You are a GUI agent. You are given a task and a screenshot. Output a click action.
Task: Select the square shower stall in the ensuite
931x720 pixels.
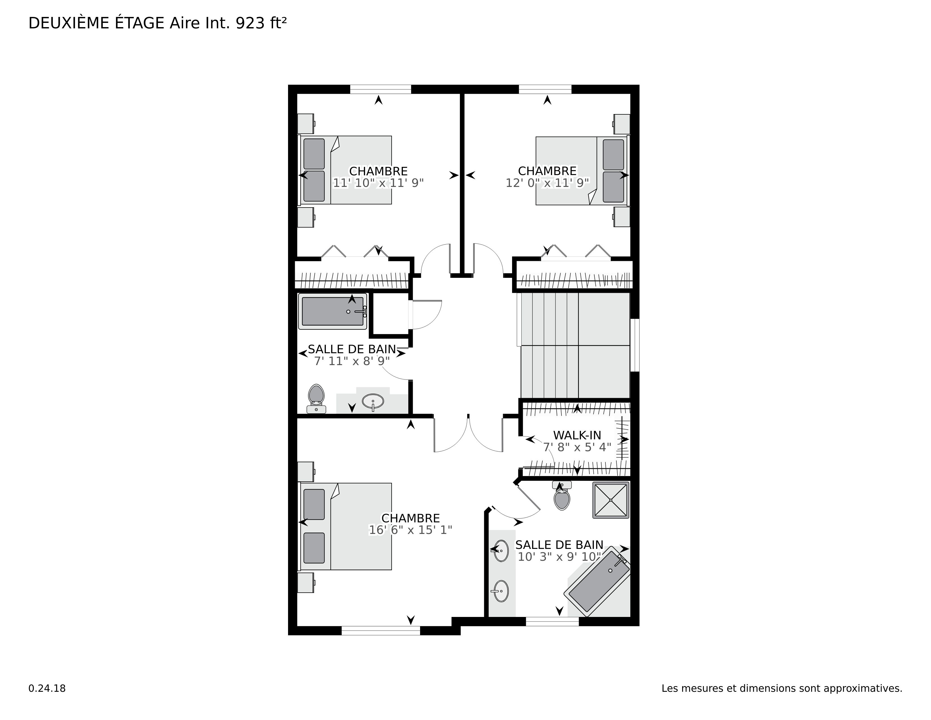[611, 500]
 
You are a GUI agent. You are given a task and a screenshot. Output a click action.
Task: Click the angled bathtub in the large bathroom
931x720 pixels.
[597, 581]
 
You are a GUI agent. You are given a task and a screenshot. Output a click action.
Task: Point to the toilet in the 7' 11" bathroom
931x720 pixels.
[316, 398]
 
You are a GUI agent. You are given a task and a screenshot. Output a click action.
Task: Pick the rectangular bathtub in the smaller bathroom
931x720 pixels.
[333, 311]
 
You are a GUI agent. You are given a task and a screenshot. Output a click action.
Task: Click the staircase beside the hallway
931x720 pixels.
[573, 346]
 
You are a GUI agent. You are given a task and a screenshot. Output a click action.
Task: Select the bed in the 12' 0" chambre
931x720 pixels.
[582, 171]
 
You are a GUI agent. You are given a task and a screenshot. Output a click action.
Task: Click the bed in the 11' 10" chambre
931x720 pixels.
[345, 170]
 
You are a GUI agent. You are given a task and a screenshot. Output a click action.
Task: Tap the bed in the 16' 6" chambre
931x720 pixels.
[345, 526]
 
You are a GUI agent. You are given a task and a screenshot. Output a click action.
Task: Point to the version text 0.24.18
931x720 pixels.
[47, 688]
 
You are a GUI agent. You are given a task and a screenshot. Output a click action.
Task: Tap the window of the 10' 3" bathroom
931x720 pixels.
[552, 621]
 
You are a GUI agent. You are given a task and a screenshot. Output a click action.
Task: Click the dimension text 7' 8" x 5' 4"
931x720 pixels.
[577, 447]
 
